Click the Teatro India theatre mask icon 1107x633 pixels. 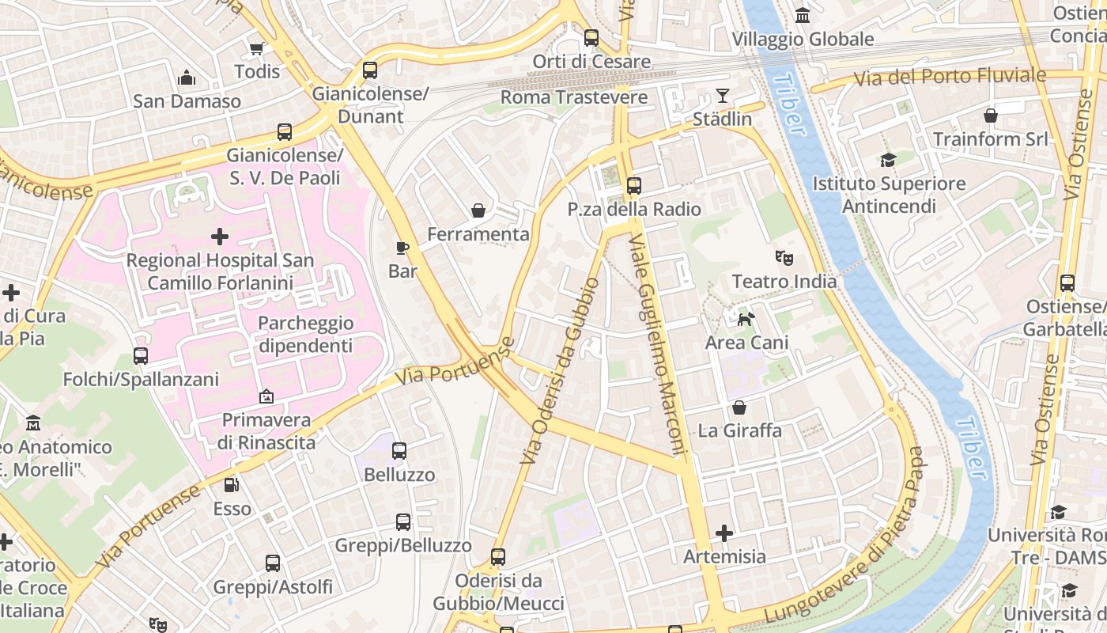click(x=784, y=257)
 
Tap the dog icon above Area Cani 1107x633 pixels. click(x=746, y=319)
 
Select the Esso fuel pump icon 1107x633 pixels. click(x=231, y=485)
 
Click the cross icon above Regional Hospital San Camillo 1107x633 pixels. click(x=220, y=236)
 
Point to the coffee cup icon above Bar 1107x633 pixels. click(x=402, y=248)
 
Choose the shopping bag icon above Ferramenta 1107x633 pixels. click(x=478, y=210)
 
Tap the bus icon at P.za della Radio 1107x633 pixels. click(x=633, y=186)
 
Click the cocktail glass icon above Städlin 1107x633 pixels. click(x=722, y=96)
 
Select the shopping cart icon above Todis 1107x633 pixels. click(x=256, y=48)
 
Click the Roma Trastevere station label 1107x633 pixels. click(x=574, y=97)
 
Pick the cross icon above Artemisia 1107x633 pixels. click(x=724, y=533)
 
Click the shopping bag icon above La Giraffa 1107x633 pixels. click(x=739, y=407)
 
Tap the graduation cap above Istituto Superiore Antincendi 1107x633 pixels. click(x=888, y=160)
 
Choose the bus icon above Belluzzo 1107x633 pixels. click(x=399, y=451)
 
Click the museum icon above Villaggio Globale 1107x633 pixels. click(x=803, y=15)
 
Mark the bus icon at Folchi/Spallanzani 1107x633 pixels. click(x=141, y=356)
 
